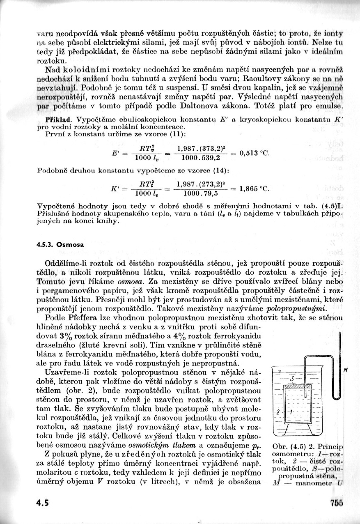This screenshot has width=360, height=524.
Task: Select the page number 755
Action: [x=335, y=503]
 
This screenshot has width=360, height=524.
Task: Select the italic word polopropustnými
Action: [x=296, y=308]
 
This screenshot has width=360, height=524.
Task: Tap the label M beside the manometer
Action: [x=346, y=370]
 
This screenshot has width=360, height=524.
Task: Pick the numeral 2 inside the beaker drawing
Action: [x=278, y=411]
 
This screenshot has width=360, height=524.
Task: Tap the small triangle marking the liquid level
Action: [x=279, y=372]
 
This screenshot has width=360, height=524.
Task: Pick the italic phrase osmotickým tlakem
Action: [x=154, y=445]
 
